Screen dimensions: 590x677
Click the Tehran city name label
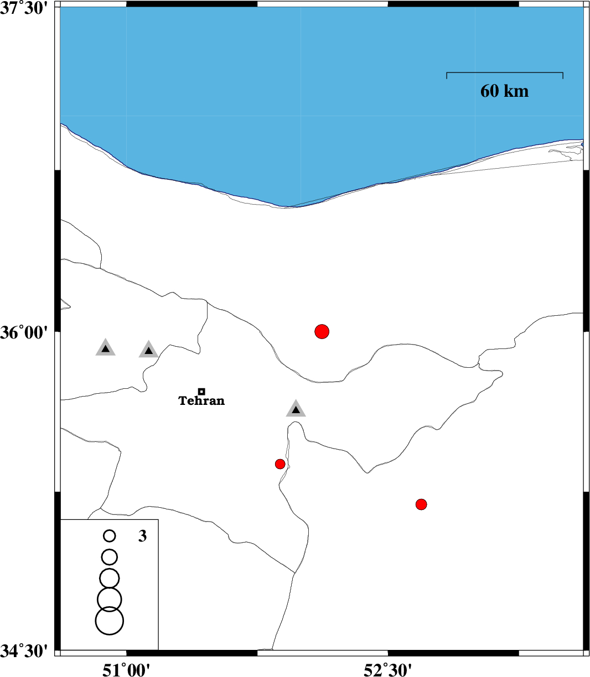[x=201, y=400]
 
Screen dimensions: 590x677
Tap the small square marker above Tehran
[x=201, y=392]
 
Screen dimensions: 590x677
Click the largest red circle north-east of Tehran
[x=322, y=331]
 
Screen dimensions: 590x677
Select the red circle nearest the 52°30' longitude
[x=421, y=504]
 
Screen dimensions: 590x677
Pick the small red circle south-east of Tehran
[x=280, y=464]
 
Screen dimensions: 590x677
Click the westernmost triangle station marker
[x=106, y=348]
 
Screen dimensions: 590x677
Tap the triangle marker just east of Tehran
[x=296, y=409]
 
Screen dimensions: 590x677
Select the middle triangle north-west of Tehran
[x=149, y=350]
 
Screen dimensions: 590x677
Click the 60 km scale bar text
[x=504, y=91]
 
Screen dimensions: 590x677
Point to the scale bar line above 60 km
[x=505, y=72]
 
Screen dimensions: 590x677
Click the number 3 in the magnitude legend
[x=142, y=536]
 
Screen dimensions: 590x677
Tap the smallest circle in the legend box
[x=109, y=536]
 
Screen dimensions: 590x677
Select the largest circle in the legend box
[x=109, y=621]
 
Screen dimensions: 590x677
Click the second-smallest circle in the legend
[x=109, y=557]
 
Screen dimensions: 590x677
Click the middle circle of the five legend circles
[x=109, y=579]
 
